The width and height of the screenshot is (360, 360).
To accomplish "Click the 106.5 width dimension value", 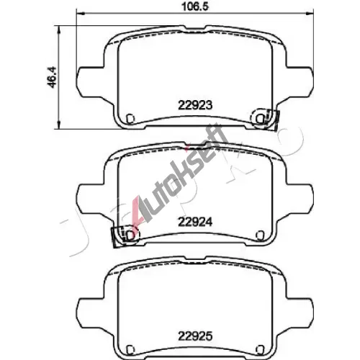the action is click(195, 6).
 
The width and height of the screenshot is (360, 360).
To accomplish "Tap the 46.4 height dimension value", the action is click(52, 77).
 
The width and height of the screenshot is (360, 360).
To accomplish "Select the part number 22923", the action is click(195, 105).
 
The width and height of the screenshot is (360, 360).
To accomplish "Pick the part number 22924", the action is click(195, 222).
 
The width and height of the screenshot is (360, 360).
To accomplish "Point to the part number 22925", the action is click(195, 336).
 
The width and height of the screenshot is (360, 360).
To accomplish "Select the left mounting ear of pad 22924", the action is click(91, 199).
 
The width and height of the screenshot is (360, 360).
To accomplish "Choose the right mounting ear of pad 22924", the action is click(300, 199).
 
